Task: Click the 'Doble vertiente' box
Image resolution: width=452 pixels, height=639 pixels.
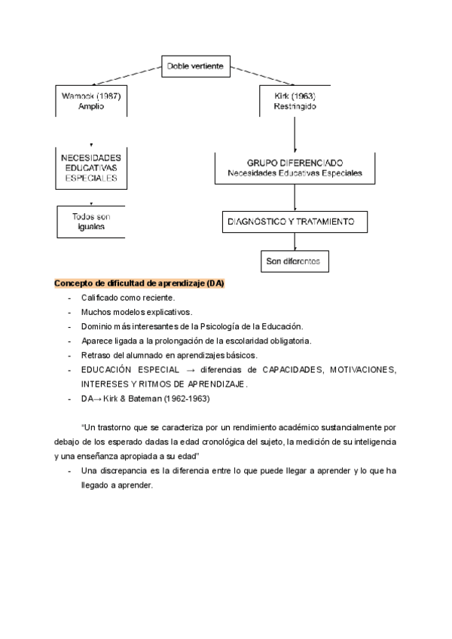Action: [x=194, y=67]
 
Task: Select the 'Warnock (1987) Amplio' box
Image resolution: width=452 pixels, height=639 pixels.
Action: [x=91, y=102]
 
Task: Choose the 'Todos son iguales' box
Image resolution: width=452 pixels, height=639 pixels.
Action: [x=91, y=221]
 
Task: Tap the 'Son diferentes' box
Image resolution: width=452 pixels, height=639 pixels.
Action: [x=293, y=261]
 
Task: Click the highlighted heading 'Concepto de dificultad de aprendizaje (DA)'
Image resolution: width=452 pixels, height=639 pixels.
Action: [x=139, y=283]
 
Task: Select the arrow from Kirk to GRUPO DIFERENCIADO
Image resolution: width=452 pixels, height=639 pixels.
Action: [x=294, y=134]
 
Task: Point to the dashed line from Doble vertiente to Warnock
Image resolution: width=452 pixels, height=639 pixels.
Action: [x=127, y=76]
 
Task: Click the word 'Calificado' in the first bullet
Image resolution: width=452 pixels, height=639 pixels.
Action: [x=101, y=298]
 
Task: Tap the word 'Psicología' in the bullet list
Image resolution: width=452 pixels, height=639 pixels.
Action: [x=227, y=326]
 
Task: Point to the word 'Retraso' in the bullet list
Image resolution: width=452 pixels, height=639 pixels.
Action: [x=96, y=355]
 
